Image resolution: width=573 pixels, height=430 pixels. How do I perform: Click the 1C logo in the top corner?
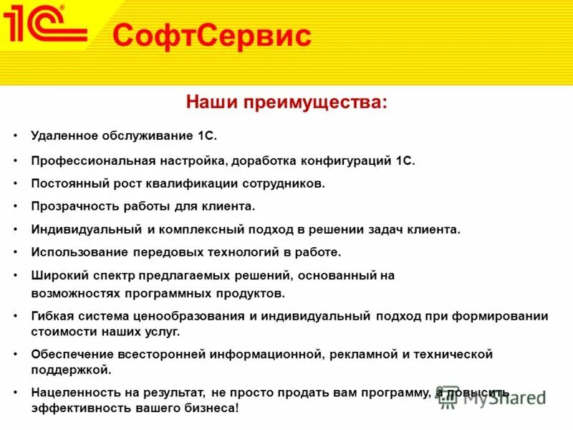[x=44, y=27]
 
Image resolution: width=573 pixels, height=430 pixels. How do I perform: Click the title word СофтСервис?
[x=212, y=35]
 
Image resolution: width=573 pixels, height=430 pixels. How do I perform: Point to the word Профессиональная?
[x=85, y=161]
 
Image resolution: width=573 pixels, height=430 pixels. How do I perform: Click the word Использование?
[x=79, y=252]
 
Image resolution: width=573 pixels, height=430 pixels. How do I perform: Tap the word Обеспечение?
[x=72, y=354]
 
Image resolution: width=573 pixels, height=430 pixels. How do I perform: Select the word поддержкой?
[x=71, y=370]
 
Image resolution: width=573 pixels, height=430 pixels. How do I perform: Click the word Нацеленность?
[x=76, y=393]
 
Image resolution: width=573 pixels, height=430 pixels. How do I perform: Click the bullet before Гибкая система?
[x=16, y=316]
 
